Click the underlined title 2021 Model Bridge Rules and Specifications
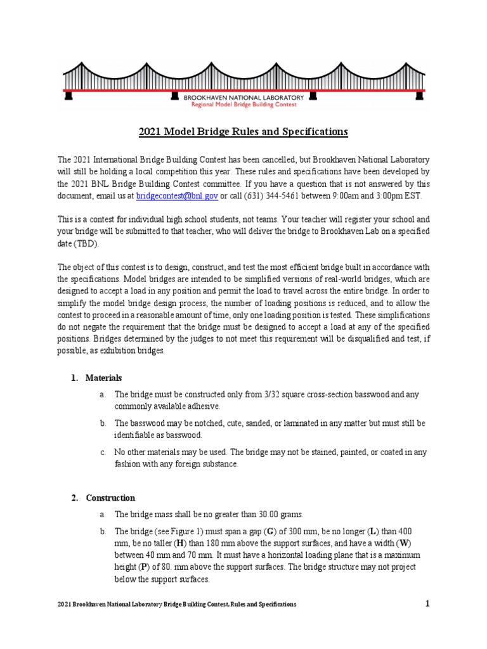[243, 132]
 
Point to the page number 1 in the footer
[427, 604]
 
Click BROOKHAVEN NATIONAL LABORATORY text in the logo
[243, 98]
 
